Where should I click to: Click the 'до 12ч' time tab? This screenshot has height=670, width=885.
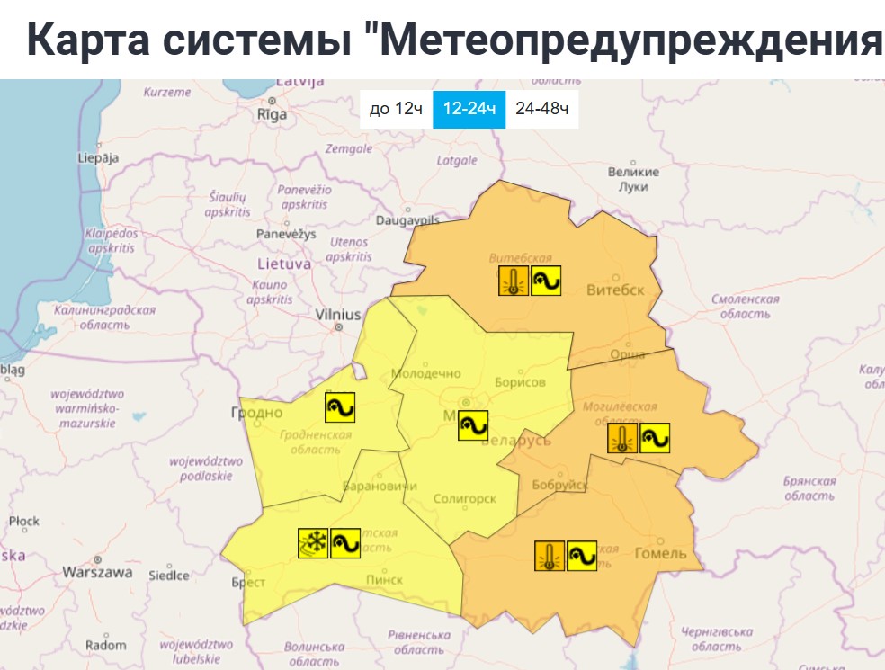click(x=396, y=109)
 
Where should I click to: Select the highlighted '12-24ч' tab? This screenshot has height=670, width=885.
click(x=469, y=109)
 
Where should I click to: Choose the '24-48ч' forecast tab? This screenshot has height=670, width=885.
click(x=541, y=109)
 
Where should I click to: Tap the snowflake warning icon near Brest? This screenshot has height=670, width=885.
click(x=313, y=543)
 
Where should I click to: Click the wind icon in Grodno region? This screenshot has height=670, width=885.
click(x=340, y=408)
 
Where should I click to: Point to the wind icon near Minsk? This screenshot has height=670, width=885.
click(x=473, y=425)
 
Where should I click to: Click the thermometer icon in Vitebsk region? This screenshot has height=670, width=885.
click(x=514, y=281)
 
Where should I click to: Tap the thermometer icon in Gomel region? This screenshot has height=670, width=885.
click(x=550, y=556)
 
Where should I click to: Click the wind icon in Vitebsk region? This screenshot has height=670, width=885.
click(x=546, y=281)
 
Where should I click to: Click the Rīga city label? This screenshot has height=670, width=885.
click(x=272, y=114)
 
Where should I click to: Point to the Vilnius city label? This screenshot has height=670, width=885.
click(x=338, y=315)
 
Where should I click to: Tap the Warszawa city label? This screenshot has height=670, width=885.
click(x=97, y=572)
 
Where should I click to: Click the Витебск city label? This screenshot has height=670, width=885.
click(x=615, y=290)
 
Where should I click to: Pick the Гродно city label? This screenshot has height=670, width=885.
click(x=256, y=413)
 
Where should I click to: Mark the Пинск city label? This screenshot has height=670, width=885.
click(x=384, y=579)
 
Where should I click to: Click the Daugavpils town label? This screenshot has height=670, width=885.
click(x=407, y=219)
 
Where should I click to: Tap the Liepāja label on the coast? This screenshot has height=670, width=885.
click(x=98, y=158)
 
